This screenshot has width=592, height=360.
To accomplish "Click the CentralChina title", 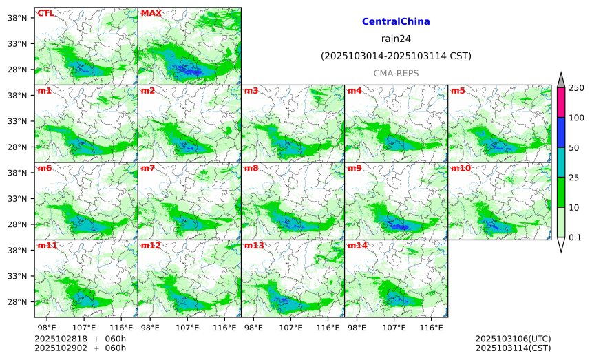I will point(396,22).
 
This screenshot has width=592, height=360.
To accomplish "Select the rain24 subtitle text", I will point(396,39).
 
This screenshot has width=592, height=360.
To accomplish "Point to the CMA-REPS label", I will point(396,73).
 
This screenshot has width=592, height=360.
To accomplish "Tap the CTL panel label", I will point(45,13).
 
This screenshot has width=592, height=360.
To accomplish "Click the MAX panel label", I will point(151,13).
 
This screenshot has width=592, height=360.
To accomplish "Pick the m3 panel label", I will point(251,91).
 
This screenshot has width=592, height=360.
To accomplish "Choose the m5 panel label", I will point(457,91).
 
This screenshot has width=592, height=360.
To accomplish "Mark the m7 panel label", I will point(147,168).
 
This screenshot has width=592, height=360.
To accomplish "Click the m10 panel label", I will point(461,168).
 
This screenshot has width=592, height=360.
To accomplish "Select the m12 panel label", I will point(151,246).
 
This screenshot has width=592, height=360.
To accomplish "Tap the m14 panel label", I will point(357,246).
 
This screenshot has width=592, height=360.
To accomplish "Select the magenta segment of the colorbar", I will point(560,102).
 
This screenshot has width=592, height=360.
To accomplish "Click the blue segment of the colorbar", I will point(560,132).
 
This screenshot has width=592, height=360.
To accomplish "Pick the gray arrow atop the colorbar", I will point(560,81).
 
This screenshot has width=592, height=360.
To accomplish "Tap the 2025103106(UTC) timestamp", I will point(513,339).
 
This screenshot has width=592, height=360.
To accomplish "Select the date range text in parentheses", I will point(396,56).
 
